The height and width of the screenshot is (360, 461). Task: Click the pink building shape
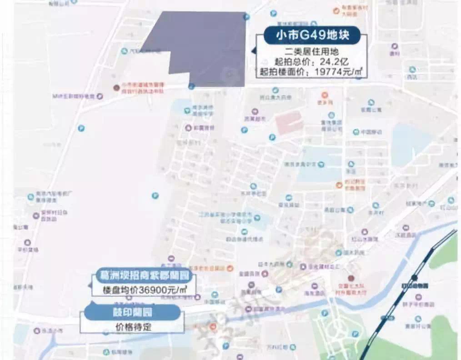point(290,122)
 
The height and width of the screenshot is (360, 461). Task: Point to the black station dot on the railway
point(414,277)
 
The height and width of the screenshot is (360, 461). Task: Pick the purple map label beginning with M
point(73,96)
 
